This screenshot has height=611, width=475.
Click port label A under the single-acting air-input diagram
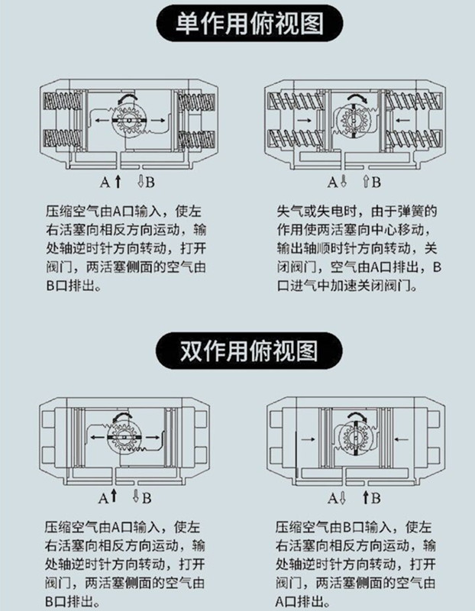pos(105,182)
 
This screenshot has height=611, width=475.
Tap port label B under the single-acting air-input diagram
pos(150,182)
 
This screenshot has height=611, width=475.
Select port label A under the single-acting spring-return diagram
pos(332,182)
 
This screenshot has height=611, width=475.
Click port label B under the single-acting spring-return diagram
pos(376,182)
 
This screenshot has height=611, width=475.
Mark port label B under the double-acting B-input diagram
pos(376,498)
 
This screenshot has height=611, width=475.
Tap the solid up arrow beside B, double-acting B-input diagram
pos(366,497)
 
